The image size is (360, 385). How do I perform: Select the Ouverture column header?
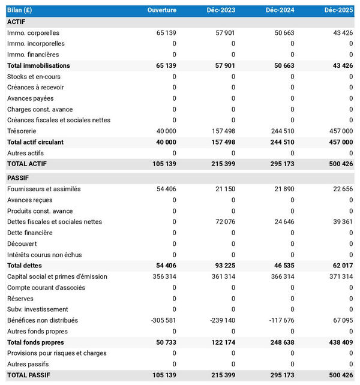pos(162,10)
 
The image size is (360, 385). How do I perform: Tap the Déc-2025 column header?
pos(338,10)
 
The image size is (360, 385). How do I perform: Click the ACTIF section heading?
pos(16,22)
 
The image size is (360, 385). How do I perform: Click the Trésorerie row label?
pos(22,131)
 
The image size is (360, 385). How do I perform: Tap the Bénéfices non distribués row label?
pos(43,320)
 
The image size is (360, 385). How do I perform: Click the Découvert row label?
pos(22,243)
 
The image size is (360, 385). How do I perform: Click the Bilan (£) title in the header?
pos(20,10)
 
